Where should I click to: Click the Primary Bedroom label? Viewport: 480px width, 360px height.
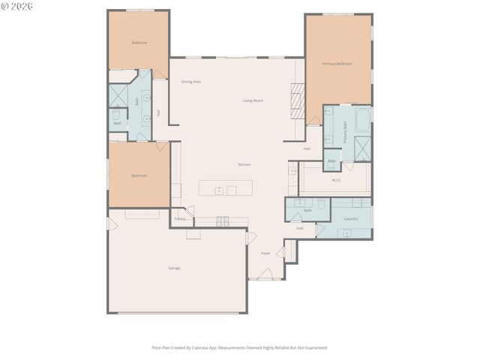click(x=337, y=64)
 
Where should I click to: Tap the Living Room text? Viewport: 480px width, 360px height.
click(x=252, y=100)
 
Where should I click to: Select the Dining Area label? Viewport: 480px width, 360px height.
click(x=190, y=82)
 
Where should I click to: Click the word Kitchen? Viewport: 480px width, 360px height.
click(x=244, y=164)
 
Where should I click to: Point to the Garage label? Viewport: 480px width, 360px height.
click(x=174, y=268)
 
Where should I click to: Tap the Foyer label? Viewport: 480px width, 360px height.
click(x=265, y=253)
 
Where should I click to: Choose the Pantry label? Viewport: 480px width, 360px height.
click(x=180, y=219)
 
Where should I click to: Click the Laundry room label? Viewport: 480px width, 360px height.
click(x=350, y=219)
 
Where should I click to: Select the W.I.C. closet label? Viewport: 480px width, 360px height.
click(x=337, y=180)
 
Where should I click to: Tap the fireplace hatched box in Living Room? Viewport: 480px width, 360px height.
click(x=298, y=97)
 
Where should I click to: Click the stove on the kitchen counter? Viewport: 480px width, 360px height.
click(x=222, y=220)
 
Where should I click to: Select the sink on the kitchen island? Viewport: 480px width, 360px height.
click(x=219, y=190)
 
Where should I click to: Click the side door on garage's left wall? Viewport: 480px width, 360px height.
click(x=111, y=223)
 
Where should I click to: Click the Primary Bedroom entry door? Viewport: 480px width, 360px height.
click(x=313, y=120)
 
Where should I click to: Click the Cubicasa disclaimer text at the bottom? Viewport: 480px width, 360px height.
click(x=240, y=348)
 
